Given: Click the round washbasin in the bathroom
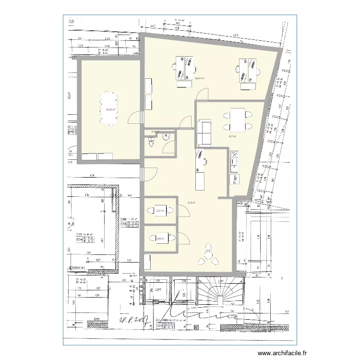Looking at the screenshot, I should point(168,137).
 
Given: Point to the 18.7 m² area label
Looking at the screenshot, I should point(232,136).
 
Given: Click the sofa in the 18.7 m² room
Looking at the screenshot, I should point(203,132).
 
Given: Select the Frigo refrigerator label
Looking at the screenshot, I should point(236,179).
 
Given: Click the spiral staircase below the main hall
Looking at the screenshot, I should point(220,290).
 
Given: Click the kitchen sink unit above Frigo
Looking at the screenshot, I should point(234,161).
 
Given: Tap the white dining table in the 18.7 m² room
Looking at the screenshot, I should point(238,120).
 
